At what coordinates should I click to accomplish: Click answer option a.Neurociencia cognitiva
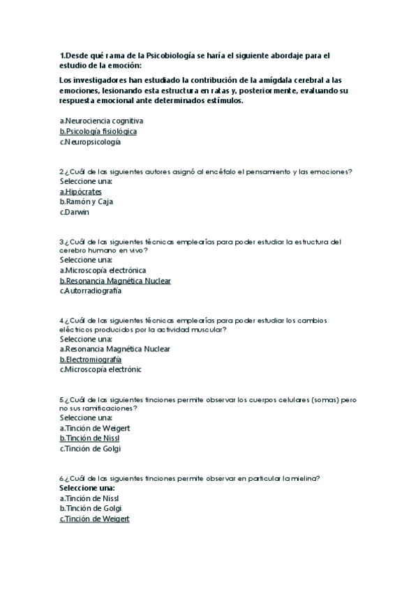pyautogui.click(x=101, y=121)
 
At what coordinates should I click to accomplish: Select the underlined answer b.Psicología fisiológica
pyautogui.click(x=98, y=131)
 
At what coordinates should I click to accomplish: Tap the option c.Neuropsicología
pyautogui.click(x=90, y=142)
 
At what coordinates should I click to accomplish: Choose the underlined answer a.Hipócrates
pyautogui.click(x=81, y=191)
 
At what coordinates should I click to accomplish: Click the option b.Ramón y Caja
pyautogui.click(x=87, y=201)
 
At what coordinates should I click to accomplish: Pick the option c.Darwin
pyautogui.click(x=75, y=212)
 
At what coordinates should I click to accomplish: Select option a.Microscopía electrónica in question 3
pyautogui.click(x=103, y=270)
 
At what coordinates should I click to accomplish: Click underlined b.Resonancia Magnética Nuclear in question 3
pyautogui.click(x=115, y=281)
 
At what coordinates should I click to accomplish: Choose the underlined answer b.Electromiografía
pyautogui.click(x=91, y=360)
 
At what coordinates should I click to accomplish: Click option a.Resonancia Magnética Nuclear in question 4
pyautogui.click(x=115, y=348)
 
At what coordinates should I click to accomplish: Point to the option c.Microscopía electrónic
pyautogui.click(x=100, y=370)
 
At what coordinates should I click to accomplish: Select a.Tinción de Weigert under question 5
pyautogui.click(x=95, y=428)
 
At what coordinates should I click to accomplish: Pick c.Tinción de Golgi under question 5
pyautogui.click(x=90, y=449)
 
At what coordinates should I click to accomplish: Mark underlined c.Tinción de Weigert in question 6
pyautogui.click(x=95, y=519)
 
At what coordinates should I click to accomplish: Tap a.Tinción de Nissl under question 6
pyautogui.click(x=89, y=498)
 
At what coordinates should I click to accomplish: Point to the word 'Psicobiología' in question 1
pyautogui.click(x=172, y=55)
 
